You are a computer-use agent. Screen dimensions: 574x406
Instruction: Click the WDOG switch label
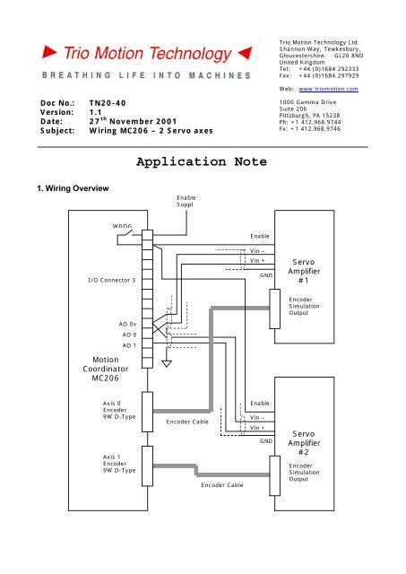coord(122,226)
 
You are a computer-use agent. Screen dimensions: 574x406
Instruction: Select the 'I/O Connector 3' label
coord(111,281)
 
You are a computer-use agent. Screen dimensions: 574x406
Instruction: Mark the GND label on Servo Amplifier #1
coord(265,275)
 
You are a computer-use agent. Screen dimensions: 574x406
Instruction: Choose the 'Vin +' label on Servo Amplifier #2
coord(259,428)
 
